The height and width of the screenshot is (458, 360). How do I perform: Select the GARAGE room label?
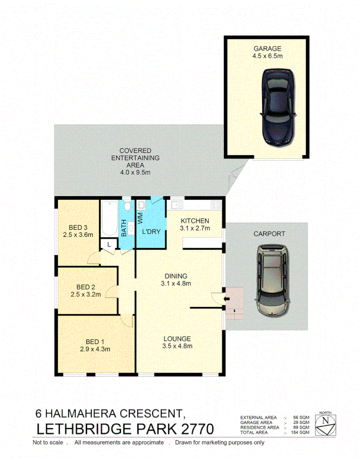pos(267,49)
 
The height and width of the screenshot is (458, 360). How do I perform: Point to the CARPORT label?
pos(269,234)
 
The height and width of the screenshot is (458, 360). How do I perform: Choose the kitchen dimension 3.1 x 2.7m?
pos(194,228)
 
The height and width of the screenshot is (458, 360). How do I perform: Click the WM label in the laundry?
pos(139,219)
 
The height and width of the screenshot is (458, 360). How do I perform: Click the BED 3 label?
pos(78,227)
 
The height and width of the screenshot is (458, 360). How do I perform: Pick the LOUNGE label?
pos(177,339)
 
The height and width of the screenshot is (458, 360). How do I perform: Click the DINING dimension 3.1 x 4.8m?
pos(177,284)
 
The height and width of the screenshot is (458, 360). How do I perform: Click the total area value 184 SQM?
pos(302,432)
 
